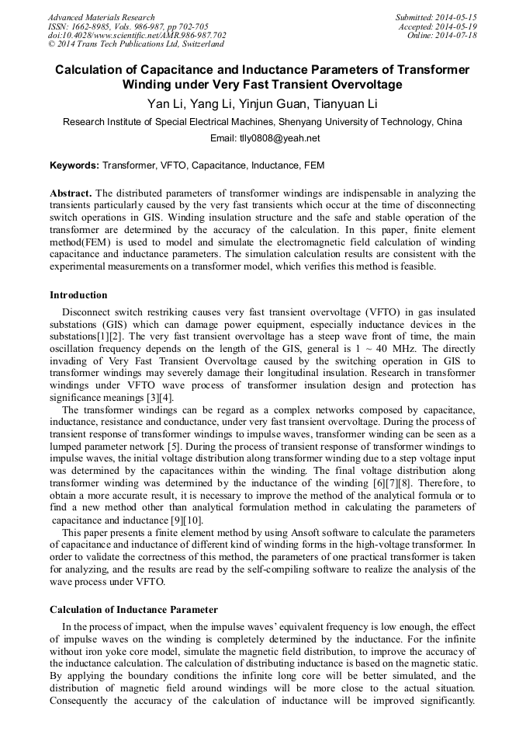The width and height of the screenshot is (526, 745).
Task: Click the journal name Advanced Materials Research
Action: [x=102, y=17]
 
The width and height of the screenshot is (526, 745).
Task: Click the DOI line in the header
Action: [x=137, y=36]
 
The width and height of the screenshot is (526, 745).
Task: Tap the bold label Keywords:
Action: [x=74, y=165]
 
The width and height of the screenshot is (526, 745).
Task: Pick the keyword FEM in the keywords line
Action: [x=314, y=165]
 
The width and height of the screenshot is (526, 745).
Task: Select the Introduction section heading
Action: [x=78, y=295]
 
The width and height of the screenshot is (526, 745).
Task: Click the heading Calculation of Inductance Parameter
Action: [x=133, y=609]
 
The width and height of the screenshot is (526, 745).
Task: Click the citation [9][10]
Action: [x=184, y=520]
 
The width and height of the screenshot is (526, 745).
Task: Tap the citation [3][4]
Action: [x=156, y=399]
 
